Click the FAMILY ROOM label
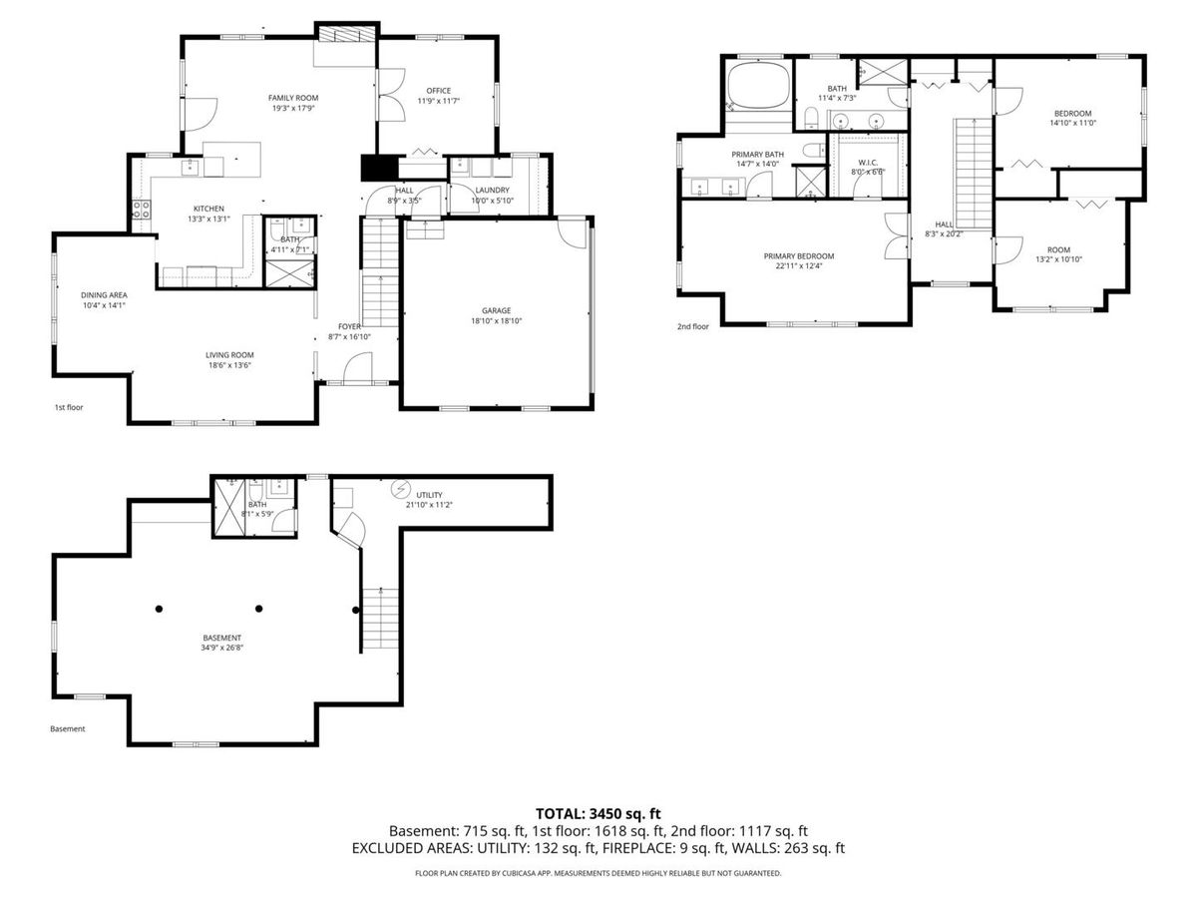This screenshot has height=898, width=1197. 292,97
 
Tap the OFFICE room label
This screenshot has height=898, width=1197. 439,90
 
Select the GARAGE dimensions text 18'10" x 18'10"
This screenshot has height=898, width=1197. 497,321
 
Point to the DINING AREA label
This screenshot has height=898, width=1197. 104,294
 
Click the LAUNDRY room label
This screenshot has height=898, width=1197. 492,190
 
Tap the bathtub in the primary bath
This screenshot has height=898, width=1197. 758,86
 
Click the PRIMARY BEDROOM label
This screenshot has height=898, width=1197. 798,256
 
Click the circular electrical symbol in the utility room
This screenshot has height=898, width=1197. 399,489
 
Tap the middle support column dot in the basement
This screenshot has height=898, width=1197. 258,609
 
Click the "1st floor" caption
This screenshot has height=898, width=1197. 69,408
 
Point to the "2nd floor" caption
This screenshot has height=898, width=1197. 692,326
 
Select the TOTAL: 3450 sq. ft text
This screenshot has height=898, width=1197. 598,813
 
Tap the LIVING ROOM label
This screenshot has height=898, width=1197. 229,354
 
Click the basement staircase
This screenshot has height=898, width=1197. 379,619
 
